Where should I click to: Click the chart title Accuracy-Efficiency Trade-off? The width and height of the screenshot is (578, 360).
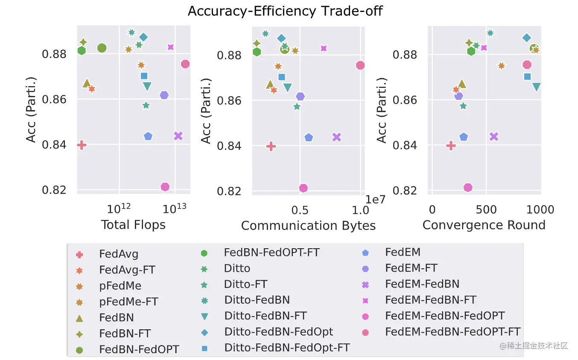pos(285,11)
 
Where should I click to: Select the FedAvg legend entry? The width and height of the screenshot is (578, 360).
pos(119,255)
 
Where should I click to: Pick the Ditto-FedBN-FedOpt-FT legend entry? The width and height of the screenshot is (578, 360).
pos(287,348)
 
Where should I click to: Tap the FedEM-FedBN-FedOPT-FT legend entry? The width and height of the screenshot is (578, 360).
pos(452,331)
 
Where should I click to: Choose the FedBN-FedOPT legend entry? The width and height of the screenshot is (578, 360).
pos(139,350)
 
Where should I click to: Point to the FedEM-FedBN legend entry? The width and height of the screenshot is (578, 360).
pos(422,284)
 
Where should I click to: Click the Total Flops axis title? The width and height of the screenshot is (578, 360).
pos(133,225)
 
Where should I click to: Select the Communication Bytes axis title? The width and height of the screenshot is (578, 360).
pos(308,226)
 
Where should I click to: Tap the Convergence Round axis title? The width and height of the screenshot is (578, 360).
pos(484,225)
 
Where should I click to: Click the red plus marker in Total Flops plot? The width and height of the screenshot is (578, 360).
pos(82,145)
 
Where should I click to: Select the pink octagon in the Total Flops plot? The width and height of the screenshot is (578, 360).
pos(185,64)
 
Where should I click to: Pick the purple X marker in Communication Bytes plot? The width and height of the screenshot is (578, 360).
pos(336,137)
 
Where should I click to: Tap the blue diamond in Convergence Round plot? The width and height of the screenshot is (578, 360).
pos(527,38)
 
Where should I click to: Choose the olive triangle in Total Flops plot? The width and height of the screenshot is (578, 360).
pos(87,83)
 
